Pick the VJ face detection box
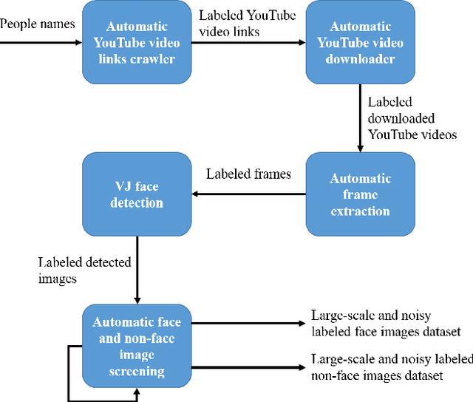click(x=135, y=194)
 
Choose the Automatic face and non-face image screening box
click(x=135, y=346)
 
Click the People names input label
click(x=37, y=24)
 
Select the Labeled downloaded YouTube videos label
click(x=411, y=118)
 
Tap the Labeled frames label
click(x=248, y=175)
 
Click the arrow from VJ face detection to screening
click(x=137, y=270)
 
